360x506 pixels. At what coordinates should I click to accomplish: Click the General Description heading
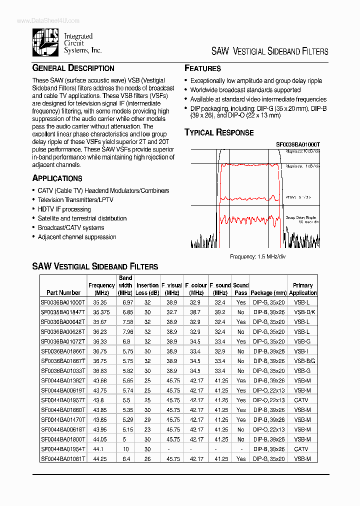[x=73, y=68]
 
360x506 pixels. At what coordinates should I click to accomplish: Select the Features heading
[x=202, y=68]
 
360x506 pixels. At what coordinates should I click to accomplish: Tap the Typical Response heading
[x=219, y=132]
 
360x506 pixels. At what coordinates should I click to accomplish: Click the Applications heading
[x=57, y=178]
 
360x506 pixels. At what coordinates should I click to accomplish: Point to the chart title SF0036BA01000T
[x=298, y=144]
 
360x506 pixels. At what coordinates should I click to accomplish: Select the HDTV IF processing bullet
[x=64, y=209]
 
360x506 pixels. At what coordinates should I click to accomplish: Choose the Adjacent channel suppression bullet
[x=77, y=237]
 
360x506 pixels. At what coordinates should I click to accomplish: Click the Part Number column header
[x=63, y=292]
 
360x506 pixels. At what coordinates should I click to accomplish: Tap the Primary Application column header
[x=302, y=289]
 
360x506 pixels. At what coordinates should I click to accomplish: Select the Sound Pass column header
[x=240, y=289]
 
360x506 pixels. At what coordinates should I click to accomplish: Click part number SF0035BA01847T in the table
[x=63, y=312]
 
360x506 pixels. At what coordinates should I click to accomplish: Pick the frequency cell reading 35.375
[x=101, y=312]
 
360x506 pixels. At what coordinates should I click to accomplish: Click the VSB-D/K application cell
[x=302, y=312]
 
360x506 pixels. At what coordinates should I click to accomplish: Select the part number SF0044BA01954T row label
[x=63, y=449]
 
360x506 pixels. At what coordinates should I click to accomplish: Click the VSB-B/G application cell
[x=302, y=360]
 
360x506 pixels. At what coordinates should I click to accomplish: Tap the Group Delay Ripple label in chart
[x=300, y=218]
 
